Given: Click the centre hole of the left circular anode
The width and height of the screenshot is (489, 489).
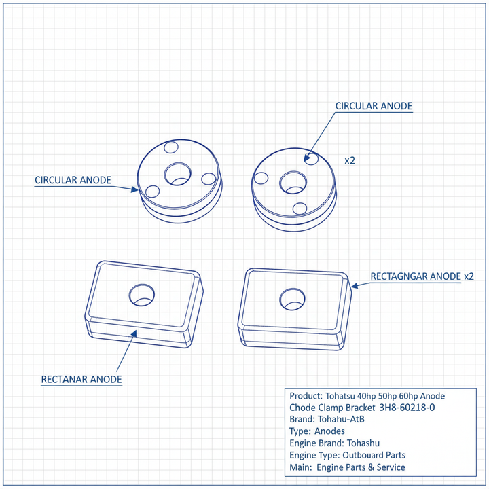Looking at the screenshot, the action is pyautogui.click(x=177, y=174).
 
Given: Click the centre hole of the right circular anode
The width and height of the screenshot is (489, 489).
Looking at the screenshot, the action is pyautogui.click(x=293, y=183).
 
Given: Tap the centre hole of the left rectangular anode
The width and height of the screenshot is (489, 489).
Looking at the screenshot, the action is pyautogui.click(x=142, y=295).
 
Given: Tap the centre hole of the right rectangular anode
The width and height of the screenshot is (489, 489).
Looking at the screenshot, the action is pyautogui.click(x=292, y=299).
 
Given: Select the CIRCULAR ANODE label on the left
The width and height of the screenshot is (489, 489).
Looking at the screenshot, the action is pyautogui.click(x=73, y=180).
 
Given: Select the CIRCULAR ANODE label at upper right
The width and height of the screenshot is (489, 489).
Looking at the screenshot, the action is pyautogui.click(x=374, y=106).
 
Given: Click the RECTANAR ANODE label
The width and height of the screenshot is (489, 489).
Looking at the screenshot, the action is pyautogui.click(x=81, y=379).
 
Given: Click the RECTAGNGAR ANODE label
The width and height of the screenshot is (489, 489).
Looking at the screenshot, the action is pyautogui.click(x=416, y=276).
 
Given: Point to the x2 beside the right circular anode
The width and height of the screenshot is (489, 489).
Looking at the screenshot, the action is pyautogui.click(x=350, y=160).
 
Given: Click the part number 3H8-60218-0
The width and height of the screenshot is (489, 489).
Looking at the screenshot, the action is pyautogui.click(x=407, y=407).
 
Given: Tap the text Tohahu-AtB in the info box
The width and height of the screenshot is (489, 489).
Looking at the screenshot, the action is pyautogui.click(x=341, y=419).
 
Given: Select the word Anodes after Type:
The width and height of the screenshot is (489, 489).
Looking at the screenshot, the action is pyautogui.click(x=329, y=431).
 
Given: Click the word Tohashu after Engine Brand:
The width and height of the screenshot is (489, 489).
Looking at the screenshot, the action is pyautogui.click(x=363, y=443).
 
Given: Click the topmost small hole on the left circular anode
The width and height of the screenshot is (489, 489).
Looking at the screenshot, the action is pyautogui.click(x=171, y=147).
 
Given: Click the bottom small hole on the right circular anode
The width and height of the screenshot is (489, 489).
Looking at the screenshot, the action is pyautogui.click(x=300, y=209).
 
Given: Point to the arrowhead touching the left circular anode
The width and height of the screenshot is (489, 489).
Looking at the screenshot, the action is pyautogui.click(x=134, y=189).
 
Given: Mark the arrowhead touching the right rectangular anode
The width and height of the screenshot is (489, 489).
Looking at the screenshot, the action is pyautogui.click(x=355, y=285).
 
